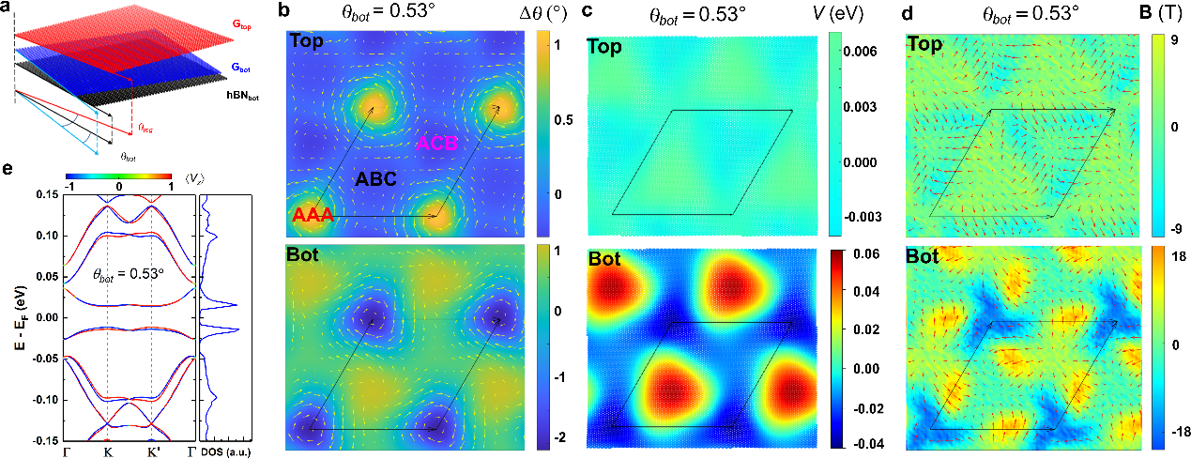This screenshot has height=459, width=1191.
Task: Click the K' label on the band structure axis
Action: coord(152,451)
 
